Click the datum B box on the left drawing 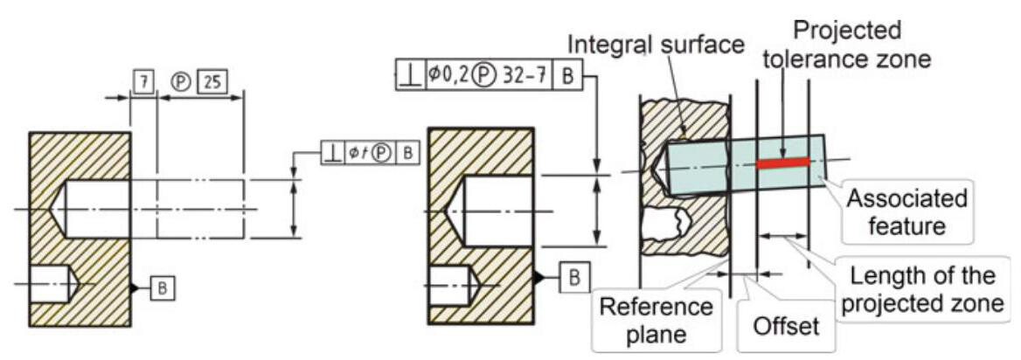163,287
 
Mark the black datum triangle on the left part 134,287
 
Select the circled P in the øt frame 381,151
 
